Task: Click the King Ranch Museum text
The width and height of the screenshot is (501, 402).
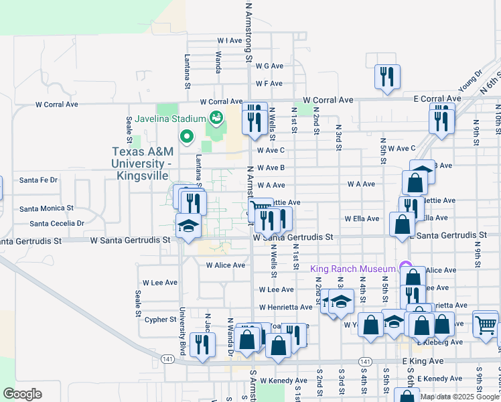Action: (x=354, y=269)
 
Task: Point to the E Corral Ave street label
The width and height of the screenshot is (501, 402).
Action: (x=439, y=98)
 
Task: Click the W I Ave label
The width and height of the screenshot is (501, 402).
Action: (x=229, y=41)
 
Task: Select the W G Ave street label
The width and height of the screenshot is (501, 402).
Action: (x=269, y=66)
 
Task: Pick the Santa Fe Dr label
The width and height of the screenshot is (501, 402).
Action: (x=39, y=180)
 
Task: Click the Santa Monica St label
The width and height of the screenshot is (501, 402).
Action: (x=46, y=208)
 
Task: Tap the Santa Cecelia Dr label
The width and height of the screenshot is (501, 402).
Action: (x=56, y=223)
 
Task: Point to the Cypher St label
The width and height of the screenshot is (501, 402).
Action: (x=160, y=320)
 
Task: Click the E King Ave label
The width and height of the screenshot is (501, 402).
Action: (x=423, y=361)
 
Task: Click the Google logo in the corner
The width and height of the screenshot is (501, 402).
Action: (x=22, y=394)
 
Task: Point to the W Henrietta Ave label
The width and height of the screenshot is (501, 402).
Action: (x=286, y=307)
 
